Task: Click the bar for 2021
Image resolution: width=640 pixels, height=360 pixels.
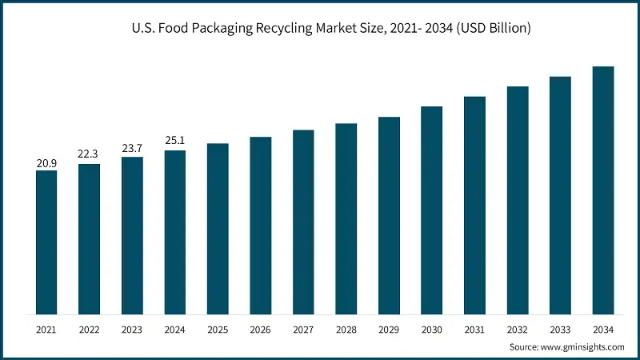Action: pos(46,242)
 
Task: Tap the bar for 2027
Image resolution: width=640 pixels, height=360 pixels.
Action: pos(303,222)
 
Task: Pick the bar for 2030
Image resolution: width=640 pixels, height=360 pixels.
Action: pos(431,210)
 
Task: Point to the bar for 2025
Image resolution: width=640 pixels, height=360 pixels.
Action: pos(218,229)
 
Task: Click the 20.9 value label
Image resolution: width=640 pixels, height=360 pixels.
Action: pos(46,163)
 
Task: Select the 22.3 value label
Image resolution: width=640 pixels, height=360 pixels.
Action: pos(89,153)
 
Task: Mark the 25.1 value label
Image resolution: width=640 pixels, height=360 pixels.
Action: pos(174,140)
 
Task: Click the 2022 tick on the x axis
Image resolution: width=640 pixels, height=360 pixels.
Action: pos(89,328)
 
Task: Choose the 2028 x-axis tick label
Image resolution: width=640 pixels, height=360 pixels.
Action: pos(346,328)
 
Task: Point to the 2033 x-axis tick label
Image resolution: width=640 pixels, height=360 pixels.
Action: pos(560,328)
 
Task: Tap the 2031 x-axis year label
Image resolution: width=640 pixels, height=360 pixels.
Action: pos(474,328)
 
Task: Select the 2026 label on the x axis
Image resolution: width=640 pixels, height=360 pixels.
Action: pos(260,328)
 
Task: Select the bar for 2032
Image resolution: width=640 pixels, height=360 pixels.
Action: pos(517,200)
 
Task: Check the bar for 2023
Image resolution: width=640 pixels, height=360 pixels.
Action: pos(132,235)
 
